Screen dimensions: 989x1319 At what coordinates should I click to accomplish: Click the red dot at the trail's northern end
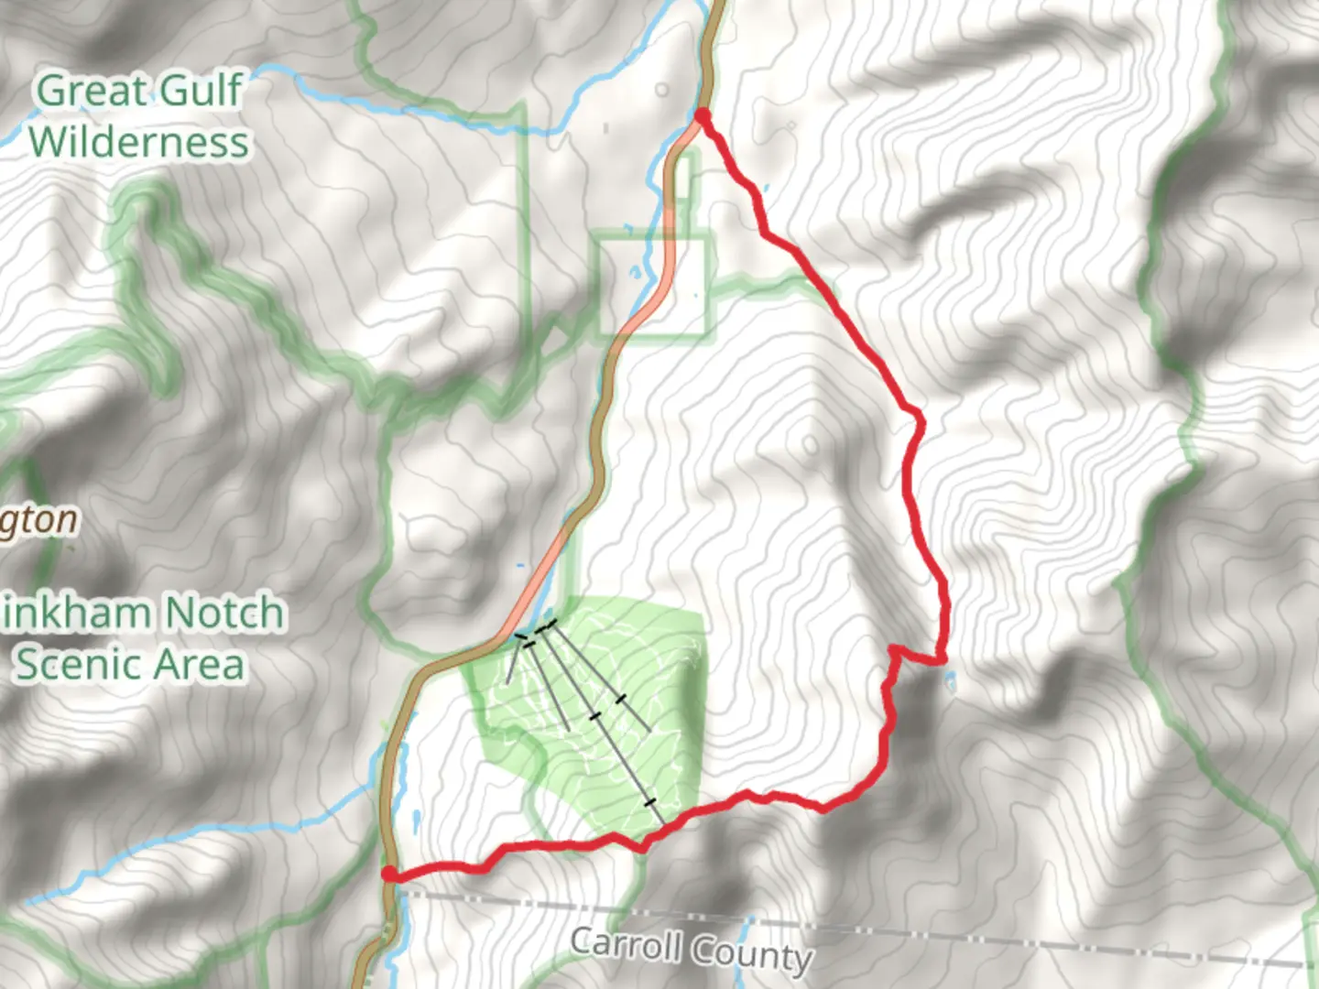703,116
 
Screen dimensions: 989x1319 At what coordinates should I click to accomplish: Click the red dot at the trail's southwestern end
389,874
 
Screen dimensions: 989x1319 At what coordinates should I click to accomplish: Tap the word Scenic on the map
79,665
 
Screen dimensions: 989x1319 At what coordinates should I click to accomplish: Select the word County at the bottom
751,955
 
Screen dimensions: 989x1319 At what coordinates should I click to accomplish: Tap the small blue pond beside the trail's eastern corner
950,681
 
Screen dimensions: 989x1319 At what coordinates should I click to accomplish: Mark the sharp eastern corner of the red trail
942,658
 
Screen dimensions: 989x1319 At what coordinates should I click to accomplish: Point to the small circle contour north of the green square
661,91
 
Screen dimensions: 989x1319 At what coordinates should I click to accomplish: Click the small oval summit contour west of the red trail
809,445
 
